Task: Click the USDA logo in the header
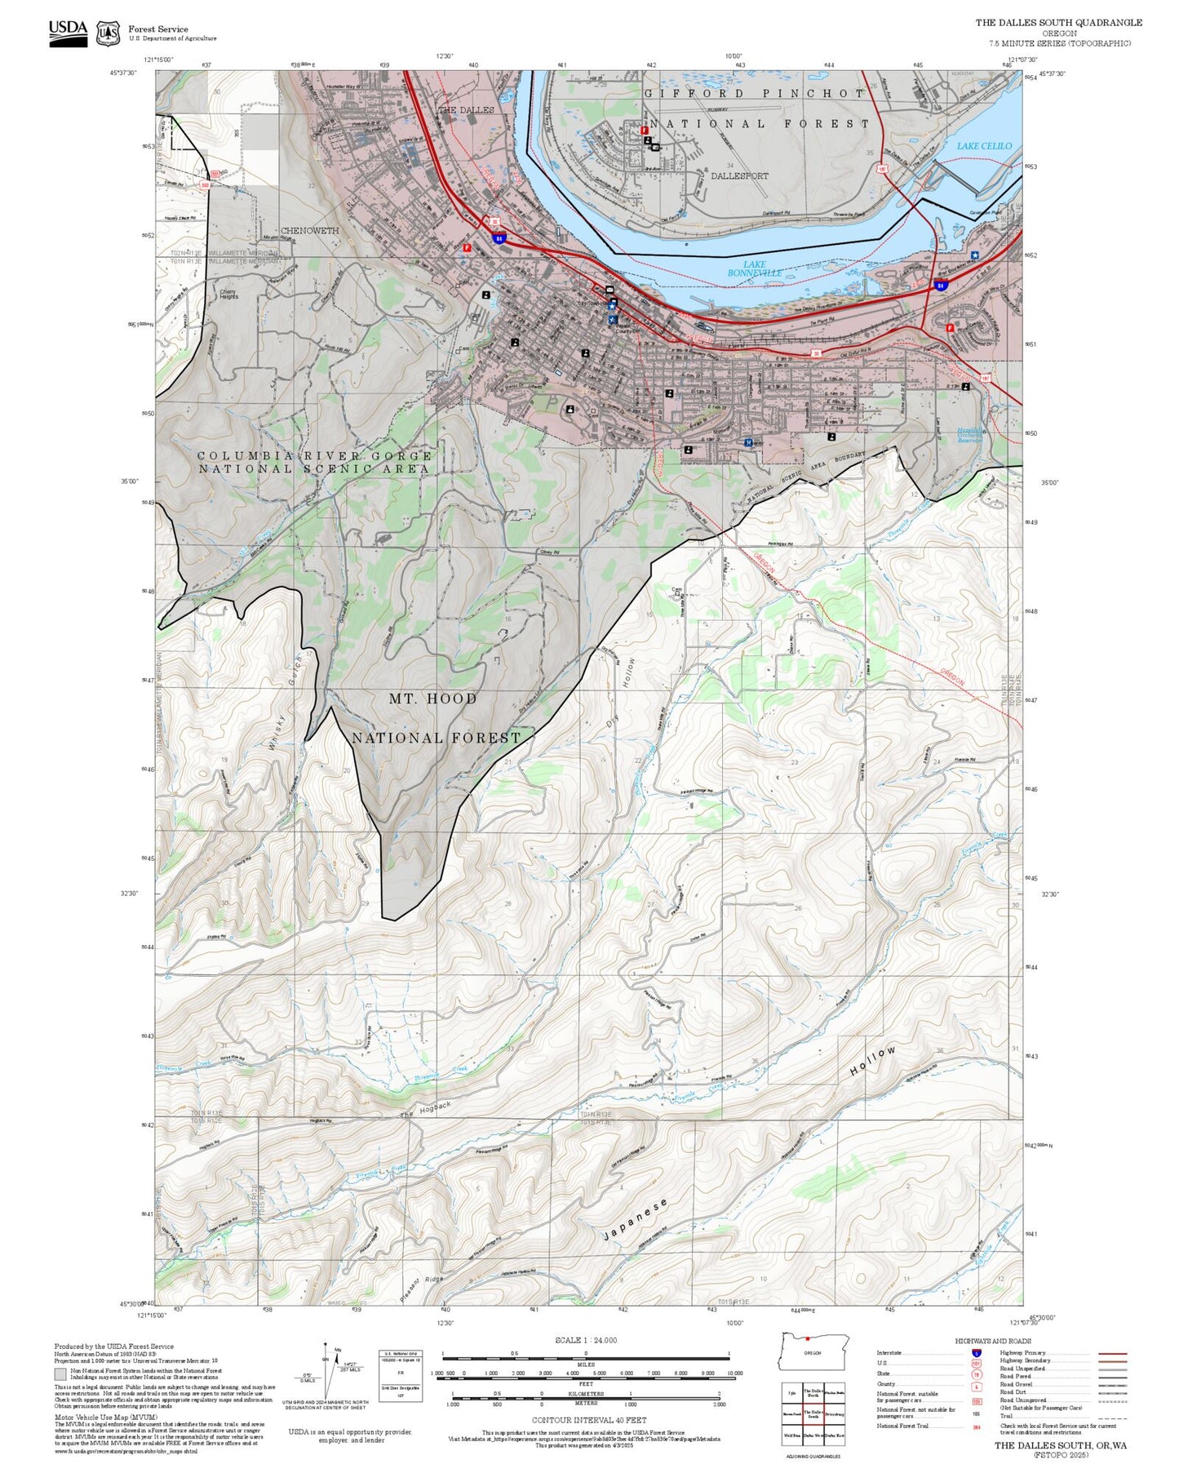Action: tap(68, 33)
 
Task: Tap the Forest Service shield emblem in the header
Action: tap(108, 33)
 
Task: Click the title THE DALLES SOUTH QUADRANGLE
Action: tap(1058, 23)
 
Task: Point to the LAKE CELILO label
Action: tap(983, 146)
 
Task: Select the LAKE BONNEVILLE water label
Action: tap(755, 268)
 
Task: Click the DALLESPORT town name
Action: tap(738, 175)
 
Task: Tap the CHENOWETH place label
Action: tap(309, 231)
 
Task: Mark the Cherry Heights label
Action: tap(228, 294)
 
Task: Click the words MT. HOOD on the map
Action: tap(432, 699)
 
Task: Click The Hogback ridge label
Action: tap(425, 1110)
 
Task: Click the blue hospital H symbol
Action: tap(748, 442)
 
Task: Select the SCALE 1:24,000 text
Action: tap(585, 1340)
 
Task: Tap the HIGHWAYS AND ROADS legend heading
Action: tap(992, 1341)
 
